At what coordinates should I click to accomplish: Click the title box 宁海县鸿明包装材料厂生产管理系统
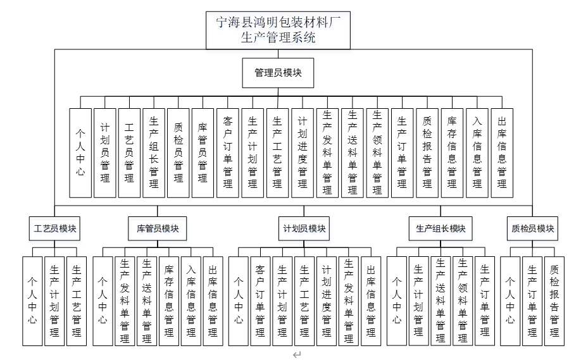pyautogui.click(x=278, y=30)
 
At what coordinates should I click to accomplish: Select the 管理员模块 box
pyautogui.click(x=278, y=73)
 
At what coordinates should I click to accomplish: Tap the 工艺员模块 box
pyautogui.click(x=55, y=228)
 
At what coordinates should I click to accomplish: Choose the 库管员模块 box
pyautogui.click(x=158, y=228)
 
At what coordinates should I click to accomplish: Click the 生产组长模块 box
pyautogui.click(x=441, y=228)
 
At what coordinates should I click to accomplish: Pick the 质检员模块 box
pyautogui.click(x=532, y=228)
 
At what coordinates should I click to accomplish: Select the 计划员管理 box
pyautogui.click(x=105, y=152)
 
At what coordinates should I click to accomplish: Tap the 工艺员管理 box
pyautogui.click(x=129, y=152)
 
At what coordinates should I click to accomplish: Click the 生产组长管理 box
pyautogui.click(x=154, y=152)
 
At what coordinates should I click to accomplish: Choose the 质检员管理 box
pyautogui.click(x=178, y=152)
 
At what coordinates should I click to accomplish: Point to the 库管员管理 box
pyautogui.click(x=203, y=152)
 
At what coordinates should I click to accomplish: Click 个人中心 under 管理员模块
pyautogui.click(x=80, y=152)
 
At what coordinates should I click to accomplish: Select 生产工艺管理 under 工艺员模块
pyautogui.click(x=77, y=301)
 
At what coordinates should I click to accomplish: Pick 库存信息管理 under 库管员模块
pyautogui.click(x=169, y=301)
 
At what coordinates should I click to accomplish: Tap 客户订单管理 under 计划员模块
pyautogui.click(x=260, y=301)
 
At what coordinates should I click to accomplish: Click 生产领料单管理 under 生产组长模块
pyautogui.click(x=463, y=301)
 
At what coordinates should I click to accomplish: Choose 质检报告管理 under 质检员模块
pyautogui.click(x=554, y=301)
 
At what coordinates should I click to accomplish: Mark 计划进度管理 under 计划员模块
pyautogui.click(x=327, y=301)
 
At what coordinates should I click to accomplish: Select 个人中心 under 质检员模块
pyautogui.click(x=510, y=301)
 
